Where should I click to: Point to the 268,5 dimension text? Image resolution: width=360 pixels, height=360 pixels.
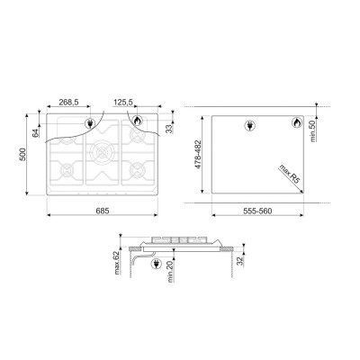tap(69, 103)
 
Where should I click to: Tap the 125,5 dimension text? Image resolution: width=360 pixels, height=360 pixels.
tap(124, 103)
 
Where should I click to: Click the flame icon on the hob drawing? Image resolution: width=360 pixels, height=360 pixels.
tap(138, 120)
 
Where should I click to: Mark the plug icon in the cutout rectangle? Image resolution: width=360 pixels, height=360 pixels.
tap(249, 128)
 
